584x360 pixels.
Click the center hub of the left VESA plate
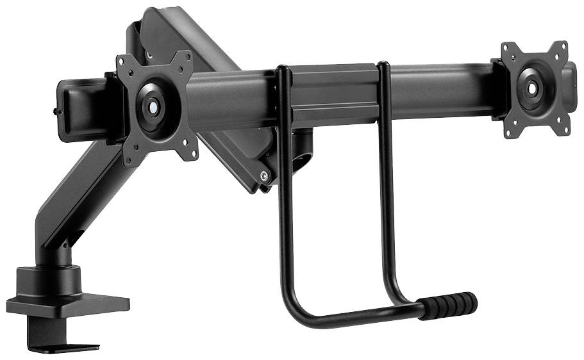[x=153, y=107]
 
